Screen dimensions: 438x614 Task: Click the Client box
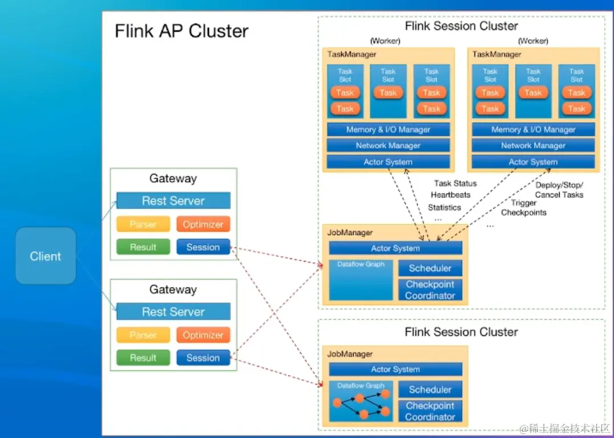(x=46, y=256)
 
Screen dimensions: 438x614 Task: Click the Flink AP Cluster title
(x=181, y=31)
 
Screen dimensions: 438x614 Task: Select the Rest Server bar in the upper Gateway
(x=173, y=201)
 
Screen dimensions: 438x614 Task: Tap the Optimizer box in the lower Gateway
(x=203, y=335)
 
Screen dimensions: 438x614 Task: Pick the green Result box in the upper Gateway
(x=143, y=247)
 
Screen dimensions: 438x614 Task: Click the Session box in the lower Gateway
(x=203, y=358)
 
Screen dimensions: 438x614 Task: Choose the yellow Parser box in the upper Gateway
(x=143, y=224)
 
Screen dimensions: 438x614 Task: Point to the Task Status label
(x=455, y=183)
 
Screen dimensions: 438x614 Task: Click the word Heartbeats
(x=450, y=195)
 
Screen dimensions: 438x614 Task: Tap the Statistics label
(x=444, y=207)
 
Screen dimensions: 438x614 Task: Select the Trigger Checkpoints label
(x=523, y=208)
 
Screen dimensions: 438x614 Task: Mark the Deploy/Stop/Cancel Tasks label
(x=559, y=190)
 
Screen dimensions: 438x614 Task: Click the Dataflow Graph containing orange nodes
(x=361, y=402)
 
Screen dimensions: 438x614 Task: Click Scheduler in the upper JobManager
(x=430, y=268)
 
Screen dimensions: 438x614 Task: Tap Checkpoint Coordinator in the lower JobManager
(x=430, y=411)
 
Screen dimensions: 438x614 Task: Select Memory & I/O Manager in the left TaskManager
(x=388, y=129)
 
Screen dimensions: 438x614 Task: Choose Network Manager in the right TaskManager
(x=533, y=146)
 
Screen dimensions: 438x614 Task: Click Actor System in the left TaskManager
(x=388, y=162)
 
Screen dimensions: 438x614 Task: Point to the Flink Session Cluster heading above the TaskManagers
(x=461, y=26)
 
